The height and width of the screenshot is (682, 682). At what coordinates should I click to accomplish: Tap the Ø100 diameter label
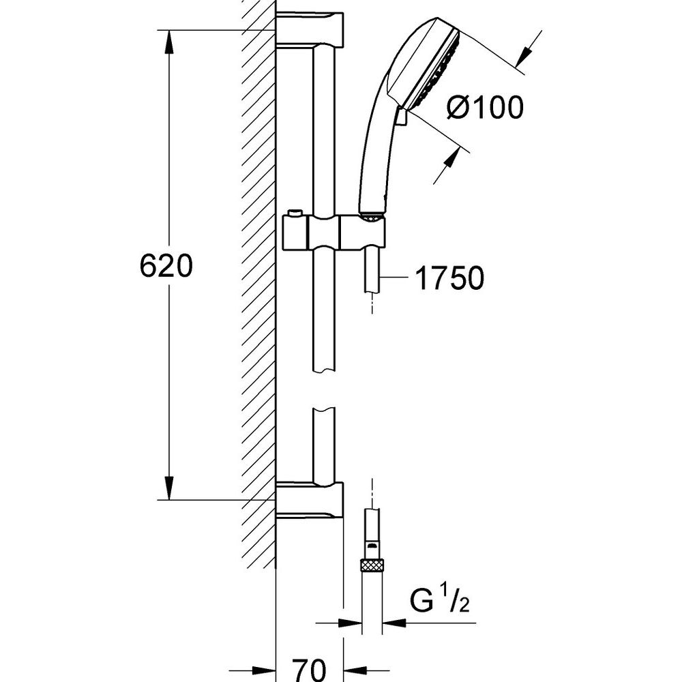[484, 107]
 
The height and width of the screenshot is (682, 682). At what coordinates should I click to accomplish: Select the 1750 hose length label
[449, 278]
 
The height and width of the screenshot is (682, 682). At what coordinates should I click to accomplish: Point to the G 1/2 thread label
[439, 599]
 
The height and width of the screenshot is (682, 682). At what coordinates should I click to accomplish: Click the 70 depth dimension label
[309, 670]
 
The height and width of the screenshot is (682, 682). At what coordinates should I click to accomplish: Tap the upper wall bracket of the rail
[310, 29]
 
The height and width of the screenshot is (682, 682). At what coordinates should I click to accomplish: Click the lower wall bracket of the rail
[310, 500]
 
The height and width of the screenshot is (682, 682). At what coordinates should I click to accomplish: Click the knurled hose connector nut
[372, 565]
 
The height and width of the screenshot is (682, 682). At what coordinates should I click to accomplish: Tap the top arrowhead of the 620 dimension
[168, 42]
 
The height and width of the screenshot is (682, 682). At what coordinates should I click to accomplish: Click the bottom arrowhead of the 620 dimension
[168, 488]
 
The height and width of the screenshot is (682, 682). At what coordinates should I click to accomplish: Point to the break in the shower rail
[324, 389]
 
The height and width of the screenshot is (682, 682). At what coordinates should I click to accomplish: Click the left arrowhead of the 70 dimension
[263, 670]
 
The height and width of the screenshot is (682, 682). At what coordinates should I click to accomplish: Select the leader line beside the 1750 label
[394, 278]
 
